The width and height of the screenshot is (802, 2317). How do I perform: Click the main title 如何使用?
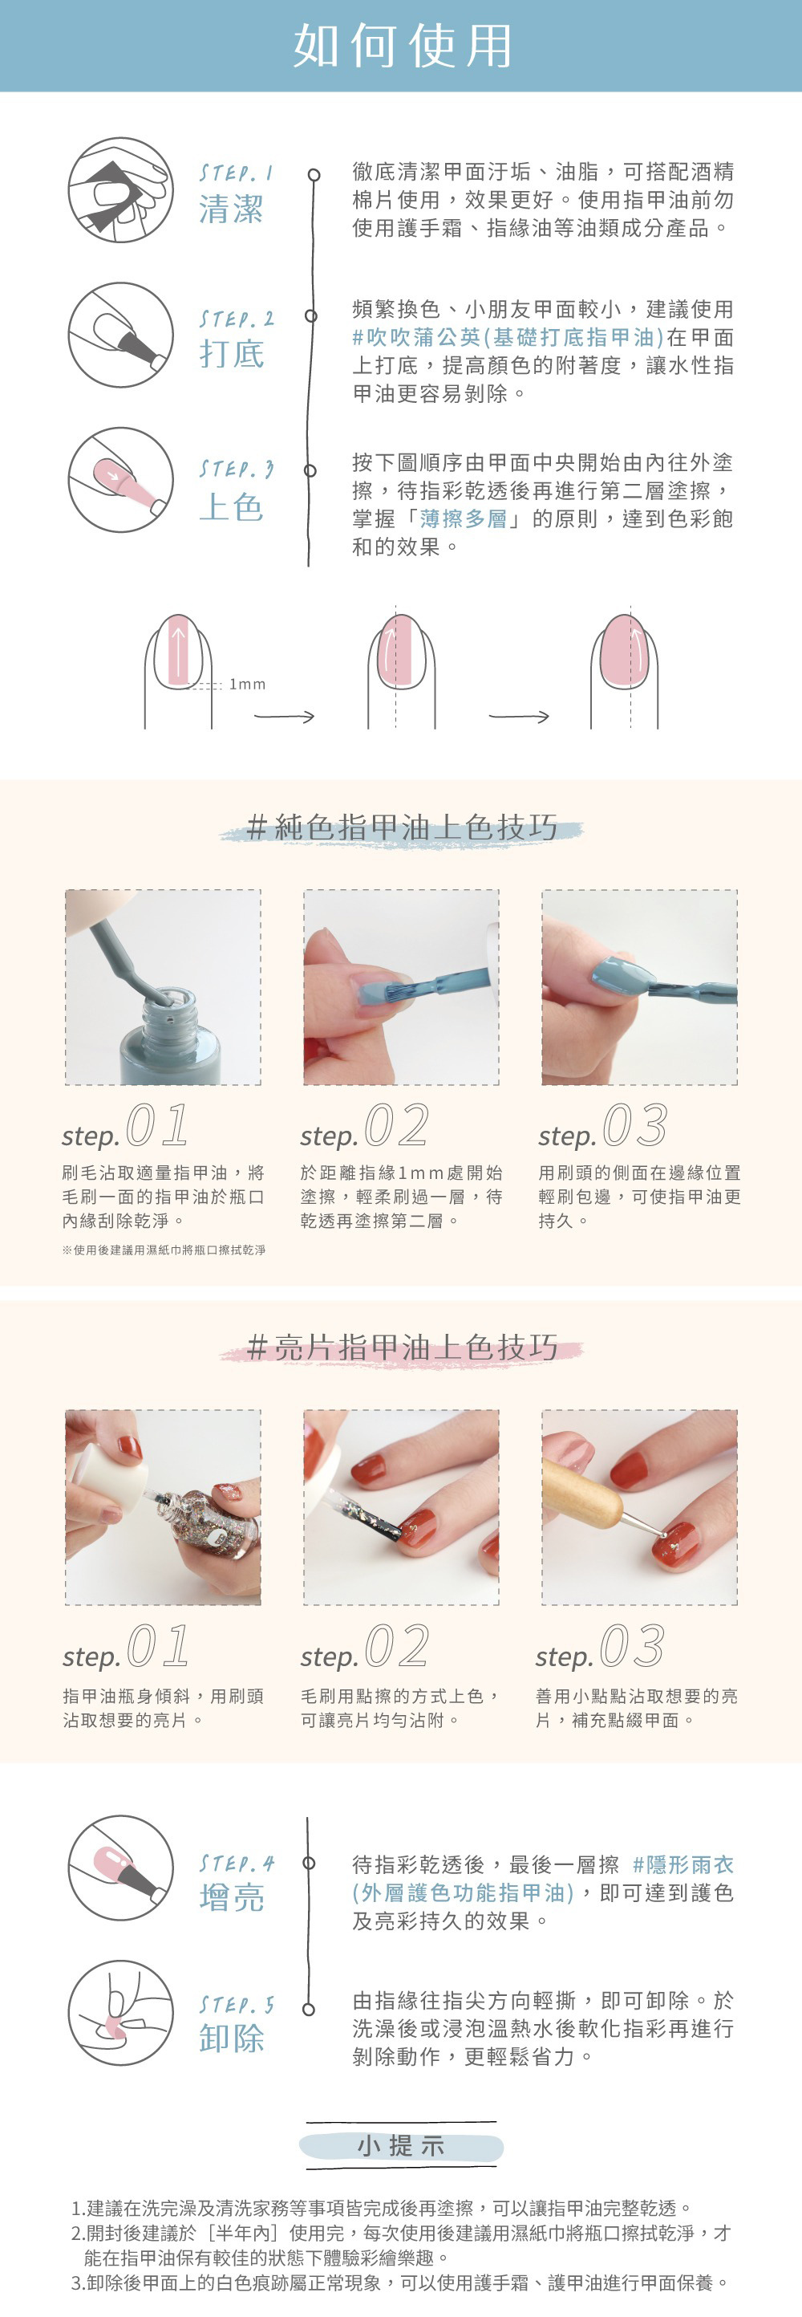pos(402,46)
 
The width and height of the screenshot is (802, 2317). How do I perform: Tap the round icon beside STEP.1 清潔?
pos(120,189)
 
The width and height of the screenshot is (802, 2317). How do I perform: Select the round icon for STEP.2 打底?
pos(120,335)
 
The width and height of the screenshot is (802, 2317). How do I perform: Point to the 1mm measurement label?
pos(247,685)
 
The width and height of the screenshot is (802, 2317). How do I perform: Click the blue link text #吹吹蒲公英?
pos(416,337)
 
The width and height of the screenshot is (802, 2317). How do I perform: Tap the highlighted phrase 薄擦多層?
pos(463,519)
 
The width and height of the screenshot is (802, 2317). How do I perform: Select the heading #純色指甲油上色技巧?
pos(402,827)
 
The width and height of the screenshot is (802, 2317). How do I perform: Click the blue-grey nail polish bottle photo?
pos(163,986)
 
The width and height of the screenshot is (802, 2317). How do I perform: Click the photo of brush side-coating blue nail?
pos(639,986)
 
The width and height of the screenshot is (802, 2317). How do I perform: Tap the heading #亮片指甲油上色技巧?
pos(402,1348)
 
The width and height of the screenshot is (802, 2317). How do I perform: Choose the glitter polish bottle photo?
pos(163,1506)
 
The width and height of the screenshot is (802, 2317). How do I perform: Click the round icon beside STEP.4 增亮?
pos(120,1868)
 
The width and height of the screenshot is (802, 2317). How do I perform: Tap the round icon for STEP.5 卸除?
pos(120,2012)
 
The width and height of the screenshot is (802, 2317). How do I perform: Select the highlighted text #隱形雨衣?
pos(683,1864)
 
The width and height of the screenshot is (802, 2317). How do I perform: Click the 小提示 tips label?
pos(401,2146)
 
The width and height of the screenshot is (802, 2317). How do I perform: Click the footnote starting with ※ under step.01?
pos(164,1250)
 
